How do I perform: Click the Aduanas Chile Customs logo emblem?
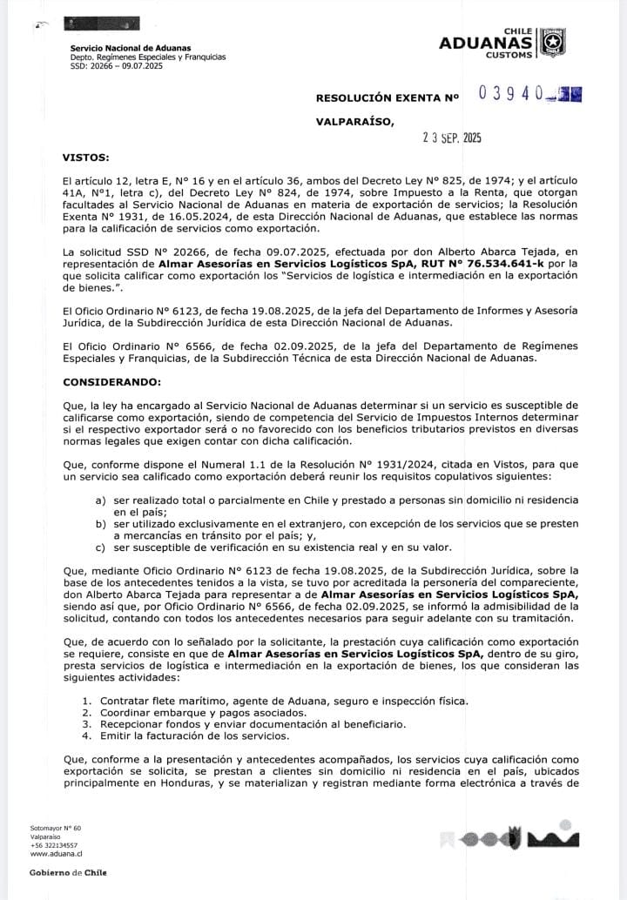coord(552,42)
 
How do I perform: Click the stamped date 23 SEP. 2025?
coord(451,138)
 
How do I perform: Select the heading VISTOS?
coord(86,158)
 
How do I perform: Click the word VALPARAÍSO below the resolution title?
coord(354,122)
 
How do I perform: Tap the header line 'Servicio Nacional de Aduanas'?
coord(131,48)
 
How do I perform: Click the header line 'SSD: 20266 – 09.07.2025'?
coord(117,65)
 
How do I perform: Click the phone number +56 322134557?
coord(54,845)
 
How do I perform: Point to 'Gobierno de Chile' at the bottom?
coord(68,872)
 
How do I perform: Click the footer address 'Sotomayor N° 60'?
coord(56,828)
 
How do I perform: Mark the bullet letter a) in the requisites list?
coord(101,500)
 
